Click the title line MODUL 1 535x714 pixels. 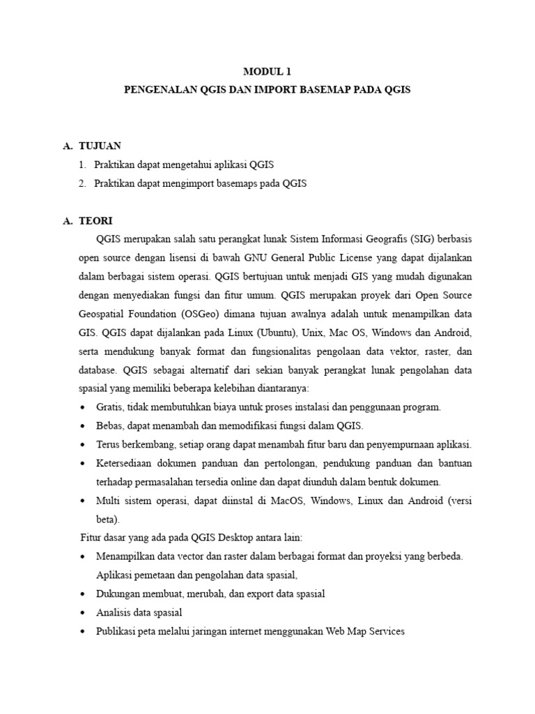click(267, 72)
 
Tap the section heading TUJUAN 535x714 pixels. click(101, 146)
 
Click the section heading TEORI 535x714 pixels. click(97, 220)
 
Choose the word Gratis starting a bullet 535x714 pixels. click(110, 407)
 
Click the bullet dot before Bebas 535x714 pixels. click(84, 426)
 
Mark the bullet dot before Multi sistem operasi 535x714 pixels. click(84, 501)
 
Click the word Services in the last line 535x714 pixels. click(385, 631)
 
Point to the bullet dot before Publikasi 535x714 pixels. click(84, 632)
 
